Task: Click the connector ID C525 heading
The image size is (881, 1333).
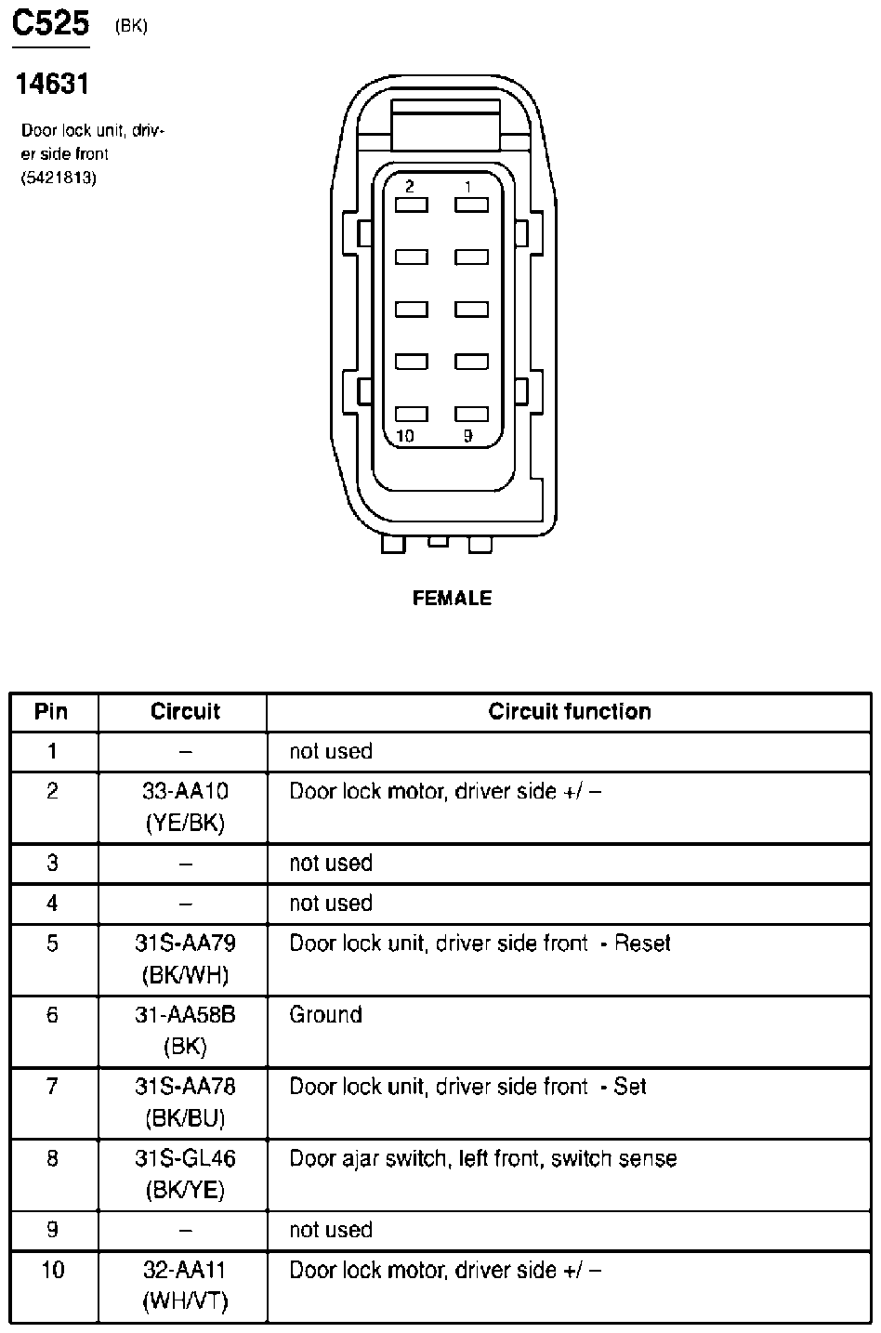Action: pos(50,25)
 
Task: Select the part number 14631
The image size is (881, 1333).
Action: pos(52,85)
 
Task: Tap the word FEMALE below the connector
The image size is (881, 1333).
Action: pos(452,599)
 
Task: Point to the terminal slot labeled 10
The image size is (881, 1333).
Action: pos(412,415)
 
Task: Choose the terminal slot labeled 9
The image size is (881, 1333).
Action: pos(472,415)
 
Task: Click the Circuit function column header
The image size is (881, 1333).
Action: pos(569,712)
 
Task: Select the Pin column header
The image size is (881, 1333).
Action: pos(51,712)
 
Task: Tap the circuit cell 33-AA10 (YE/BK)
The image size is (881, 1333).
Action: pos(185,807)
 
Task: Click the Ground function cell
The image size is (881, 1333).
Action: pos(325,1014)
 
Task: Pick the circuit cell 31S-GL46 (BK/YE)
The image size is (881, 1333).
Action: pos(185,1174)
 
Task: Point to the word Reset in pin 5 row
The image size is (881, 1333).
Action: pos(642,944)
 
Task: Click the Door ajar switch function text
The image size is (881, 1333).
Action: pos(482,1158)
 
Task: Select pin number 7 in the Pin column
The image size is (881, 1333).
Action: pos(52,1087)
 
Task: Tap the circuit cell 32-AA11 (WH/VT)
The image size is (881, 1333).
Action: pos(185,1286)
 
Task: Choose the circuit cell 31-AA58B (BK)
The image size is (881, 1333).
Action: pos(185,1030)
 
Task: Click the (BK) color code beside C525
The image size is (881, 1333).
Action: pos(131,26)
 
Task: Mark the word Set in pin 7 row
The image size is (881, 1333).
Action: pos(630,1087)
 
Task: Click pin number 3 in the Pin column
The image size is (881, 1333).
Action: pos(52,864)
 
